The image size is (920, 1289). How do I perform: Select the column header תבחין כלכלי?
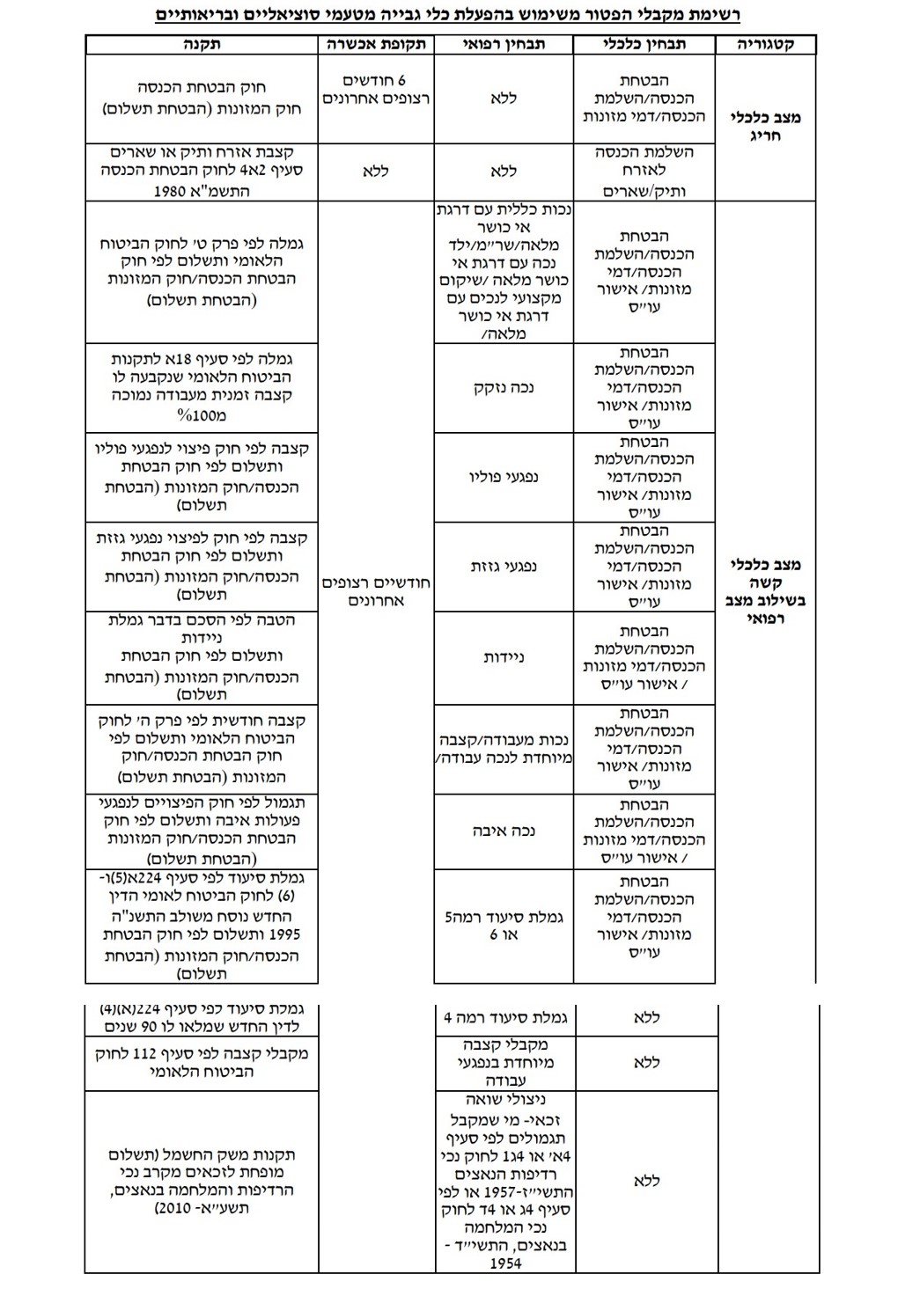coord(645,45)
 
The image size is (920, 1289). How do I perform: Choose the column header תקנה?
coord(202,45)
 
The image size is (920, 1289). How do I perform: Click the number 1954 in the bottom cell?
coord(504,1263)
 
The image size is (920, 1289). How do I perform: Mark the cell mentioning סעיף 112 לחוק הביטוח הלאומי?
coord(202,1062)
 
